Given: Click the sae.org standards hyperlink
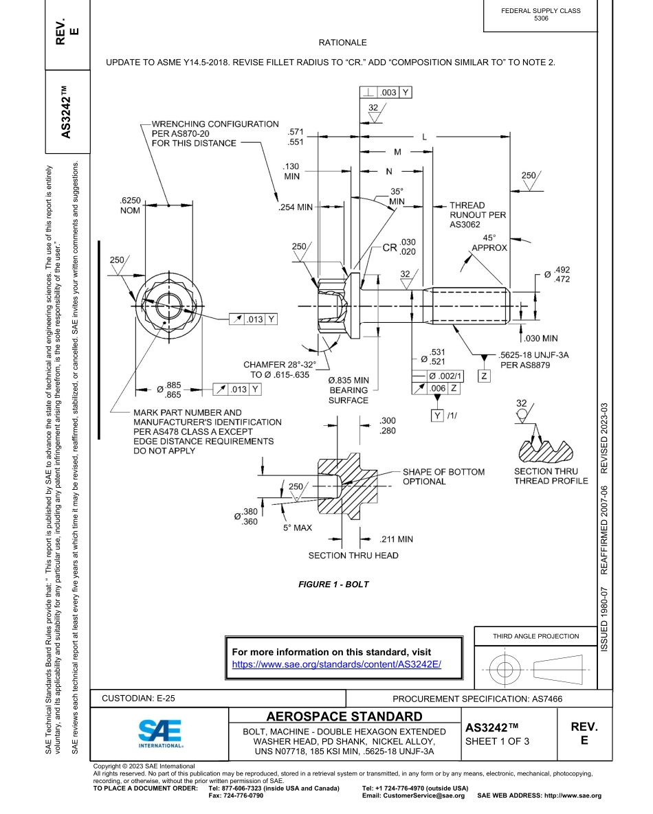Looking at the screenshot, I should click(x=336, y=664).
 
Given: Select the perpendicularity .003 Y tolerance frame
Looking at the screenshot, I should click(x=386, y=91).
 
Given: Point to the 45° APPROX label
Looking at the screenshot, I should click(x=489, y=242).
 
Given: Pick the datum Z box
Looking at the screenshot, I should click(x=485, y=376).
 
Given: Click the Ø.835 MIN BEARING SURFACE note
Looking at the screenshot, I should click(x=348, y=389).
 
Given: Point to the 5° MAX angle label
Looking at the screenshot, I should click(x=298, y=528).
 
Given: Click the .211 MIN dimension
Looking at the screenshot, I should click(x=397, y=539).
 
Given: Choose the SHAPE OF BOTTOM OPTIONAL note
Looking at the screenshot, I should click(x=443, y=476).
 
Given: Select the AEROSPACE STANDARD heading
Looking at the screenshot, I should click(x=344, y=716).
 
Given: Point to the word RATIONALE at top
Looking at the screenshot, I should click(x=343, y=43).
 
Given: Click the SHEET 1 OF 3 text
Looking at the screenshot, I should click(x=497, y=741).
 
